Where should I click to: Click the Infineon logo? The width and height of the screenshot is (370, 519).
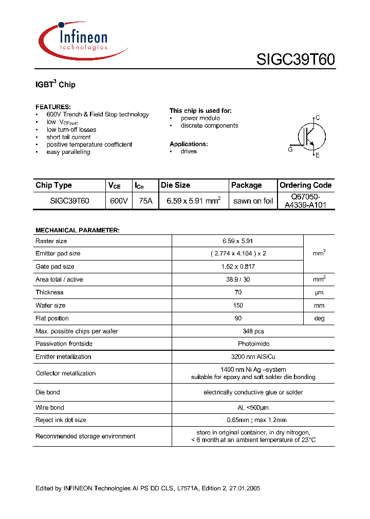click(x=82, y=39)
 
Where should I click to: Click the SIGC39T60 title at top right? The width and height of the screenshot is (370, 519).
click(x=295, y=59)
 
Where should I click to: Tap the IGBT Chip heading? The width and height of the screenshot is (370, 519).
click(x=55, y=84)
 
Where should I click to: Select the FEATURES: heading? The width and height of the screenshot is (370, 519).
click(x=53, y=107)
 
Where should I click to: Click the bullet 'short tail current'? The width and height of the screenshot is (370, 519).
click(x=68, y=137)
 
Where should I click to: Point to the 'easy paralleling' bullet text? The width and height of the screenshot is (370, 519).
click(x=68, y=152)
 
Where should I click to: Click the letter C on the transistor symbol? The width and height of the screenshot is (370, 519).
click(x=318, y=118)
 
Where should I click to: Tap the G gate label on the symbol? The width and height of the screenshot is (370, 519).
click(x=290, y=150)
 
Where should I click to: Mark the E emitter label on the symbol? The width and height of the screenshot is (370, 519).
click(x=318, y=155)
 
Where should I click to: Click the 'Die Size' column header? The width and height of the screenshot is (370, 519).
click(x=175, y=185)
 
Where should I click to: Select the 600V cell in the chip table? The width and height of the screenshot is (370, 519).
click(x=119, y=201)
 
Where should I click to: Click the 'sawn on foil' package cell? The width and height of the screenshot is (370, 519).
click(x=253, y=201)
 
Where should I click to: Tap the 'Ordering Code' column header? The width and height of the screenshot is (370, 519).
click(x=305, y=185)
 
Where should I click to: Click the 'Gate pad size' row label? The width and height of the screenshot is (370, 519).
click(x=55, y=267)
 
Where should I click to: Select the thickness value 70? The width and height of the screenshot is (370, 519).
click(x=237, y=292)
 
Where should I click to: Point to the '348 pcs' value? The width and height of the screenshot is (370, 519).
click(x=237, y=331)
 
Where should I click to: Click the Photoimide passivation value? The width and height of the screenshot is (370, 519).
click(x=237, y=344)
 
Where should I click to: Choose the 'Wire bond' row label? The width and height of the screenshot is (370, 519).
click(x=50, y=408)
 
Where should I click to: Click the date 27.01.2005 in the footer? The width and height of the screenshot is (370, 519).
click(x=246, y=488)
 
